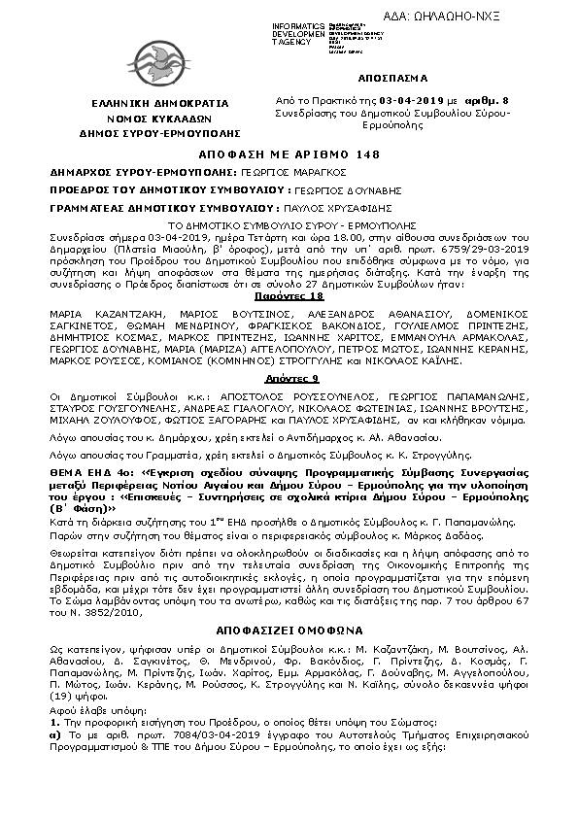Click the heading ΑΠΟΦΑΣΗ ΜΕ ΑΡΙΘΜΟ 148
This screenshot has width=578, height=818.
pyautogui.click(x=289, y=154)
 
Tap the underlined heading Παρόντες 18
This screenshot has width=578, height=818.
pyautogui.click(x=289, y=294)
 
